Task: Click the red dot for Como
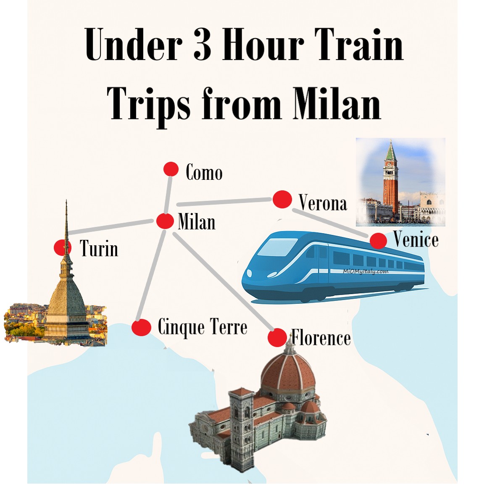(x=171, y=169)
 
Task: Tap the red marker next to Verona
(x=282, y=199)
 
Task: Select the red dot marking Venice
(x=378, y=241)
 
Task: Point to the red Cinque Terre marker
(x=141, y=327)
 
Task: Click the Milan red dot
(x=165, y=221)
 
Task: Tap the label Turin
(x=99, y=248)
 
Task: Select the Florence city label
(x=321, y=338)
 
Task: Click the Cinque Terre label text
(x=202, y=327)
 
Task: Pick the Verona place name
(x=323, y=203)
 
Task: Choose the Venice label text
(x=416, y=240)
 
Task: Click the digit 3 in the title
(x=203, y=45)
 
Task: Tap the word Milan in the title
(x=337, y=103)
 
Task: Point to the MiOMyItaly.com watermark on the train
(x=365, y=271)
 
